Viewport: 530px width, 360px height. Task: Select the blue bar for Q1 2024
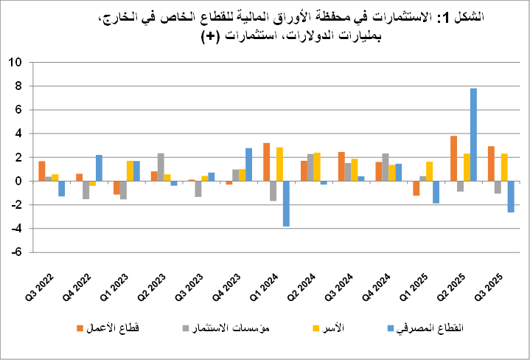[286, 204]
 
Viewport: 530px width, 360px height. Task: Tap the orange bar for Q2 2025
[454, 159]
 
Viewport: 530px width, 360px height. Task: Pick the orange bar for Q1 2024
[266, 162]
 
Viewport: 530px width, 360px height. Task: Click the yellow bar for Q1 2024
[279, 165]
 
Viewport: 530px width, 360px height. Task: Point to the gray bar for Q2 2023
[161, 167]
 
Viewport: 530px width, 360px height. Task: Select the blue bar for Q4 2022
[99, 168]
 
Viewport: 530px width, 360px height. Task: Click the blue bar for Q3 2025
[511, 196]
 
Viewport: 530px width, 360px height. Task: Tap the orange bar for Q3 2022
[42, 171]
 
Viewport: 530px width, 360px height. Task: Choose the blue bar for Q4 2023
[248, 165]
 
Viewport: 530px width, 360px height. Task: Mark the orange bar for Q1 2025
[416, 188]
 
